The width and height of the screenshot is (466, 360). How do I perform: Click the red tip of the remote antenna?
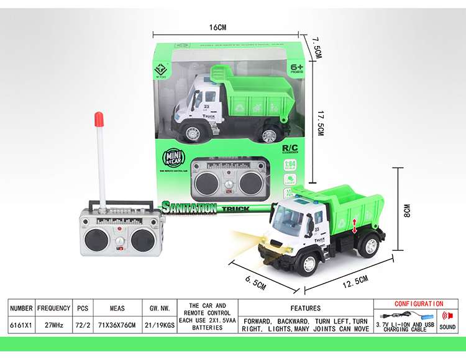click(x=98, y=118)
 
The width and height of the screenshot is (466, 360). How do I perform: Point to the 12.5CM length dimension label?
click(x=351, y=281)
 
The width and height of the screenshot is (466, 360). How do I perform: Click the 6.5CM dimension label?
click(x=255, y=277)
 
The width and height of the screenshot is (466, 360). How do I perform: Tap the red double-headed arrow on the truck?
click(x=355, y=225)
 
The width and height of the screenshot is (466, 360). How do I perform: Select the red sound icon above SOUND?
click(x=447, y=315)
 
